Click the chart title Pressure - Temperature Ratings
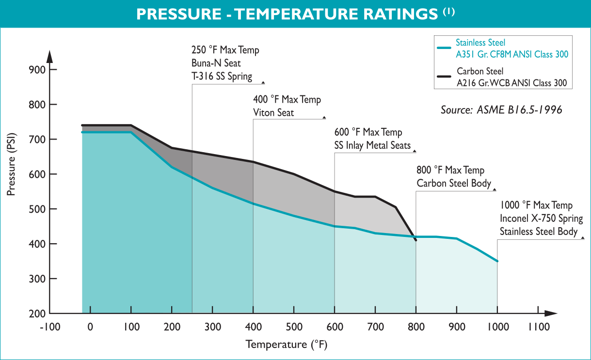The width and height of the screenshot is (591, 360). (287, 14)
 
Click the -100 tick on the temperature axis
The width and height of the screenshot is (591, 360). (50, 327)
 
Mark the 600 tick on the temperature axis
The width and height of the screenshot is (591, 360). (334, 327)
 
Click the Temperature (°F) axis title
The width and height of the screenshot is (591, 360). (286, 344)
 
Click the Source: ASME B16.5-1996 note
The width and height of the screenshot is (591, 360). (501, 110)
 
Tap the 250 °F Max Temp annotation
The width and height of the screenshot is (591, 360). (226, 50)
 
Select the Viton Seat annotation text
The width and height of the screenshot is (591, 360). (273, 112)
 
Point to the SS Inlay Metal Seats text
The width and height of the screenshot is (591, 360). (372, 145)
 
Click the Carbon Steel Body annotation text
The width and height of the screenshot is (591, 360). (454, 184)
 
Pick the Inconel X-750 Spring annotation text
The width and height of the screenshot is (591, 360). (541, 219)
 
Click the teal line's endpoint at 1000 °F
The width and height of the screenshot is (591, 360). (497, 261)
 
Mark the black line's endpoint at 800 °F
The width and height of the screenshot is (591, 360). (415, 239)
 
